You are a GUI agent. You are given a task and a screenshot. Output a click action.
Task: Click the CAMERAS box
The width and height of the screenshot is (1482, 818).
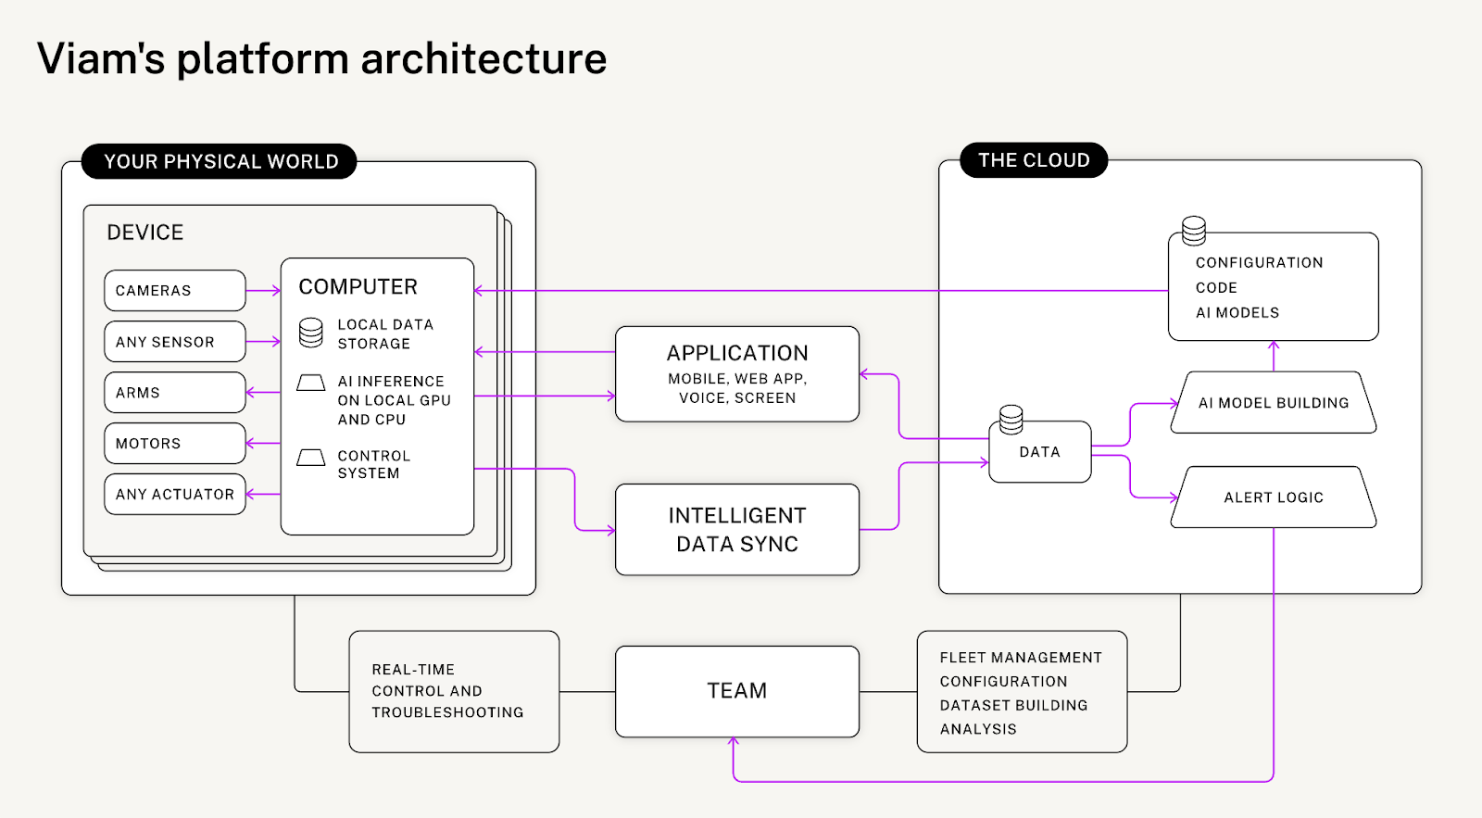click(x=174, y=291)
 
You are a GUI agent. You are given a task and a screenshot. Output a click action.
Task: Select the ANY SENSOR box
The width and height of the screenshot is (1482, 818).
click(x=174, y=342)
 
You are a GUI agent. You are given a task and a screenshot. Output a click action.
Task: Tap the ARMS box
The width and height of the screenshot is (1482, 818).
click(x=174, y=393)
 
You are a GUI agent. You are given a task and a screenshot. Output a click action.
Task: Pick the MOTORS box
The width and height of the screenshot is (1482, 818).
click(x=174, y=444)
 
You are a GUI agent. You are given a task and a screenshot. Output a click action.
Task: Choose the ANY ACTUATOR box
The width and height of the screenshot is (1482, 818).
click(x=174, y=495)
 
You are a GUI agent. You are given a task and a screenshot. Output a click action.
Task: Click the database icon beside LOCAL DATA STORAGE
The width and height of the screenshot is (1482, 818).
click(x=311, y=333)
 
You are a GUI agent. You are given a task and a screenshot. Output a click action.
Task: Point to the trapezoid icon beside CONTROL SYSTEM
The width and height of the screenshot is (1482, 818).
click(x=311, y=458)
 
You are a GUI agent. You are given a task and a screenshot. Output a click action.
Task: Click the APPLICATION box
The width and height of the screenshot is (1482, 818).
click(x=737, y=374)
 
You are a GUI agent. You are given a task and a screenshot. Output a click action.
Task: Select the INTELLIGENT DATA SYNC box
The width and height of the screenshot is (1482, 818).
click(x=737, y=530)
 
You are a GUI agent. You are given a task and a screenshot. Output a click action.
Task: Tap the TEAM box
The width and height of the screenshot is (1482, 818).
click(x=737, y=691)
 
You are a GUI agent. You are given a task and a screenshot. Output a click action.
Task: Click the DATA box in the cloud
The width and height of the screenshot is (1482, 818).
click(x=1039, y=452)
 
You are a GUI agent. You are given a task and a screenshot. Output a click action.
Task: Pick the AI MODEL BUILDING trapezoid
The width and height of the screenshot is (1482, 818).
click(x=1274, y=403)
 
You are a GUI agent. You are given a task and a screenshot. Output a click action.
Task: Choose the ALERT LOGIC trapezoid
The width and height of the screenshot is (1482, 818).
click(x=1274, y=497)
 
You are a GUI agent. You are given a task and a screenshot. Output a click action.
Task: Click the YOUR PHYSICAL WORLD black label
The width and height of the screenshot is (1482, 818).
click(x=220, y=162)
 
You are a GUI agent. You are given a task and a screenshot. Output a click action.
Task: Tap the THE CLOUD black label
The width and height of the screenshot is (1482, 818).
click(x=1034, y=160)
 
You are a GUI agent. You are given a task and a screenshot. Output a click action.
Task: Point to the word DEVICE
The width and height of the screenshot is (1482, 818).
click(x=145, y=233)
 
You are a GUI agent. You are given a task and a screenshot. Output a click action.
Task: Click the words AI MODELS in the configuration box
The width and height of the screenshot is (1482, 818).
click(x=1237, y=313)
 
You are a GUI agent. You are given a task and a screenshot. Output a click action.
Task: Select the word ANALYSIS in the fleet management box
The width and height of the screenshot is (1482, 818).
click(x=978, y=729)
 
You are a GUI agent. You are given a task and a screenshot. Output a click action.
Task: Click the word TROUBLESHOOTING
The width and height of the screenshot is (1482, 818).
click(x=447, y=712)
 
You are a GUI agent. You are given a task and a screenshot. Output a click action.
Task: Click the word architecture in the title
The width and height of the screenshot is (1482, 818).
click(x=484, y=58)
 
